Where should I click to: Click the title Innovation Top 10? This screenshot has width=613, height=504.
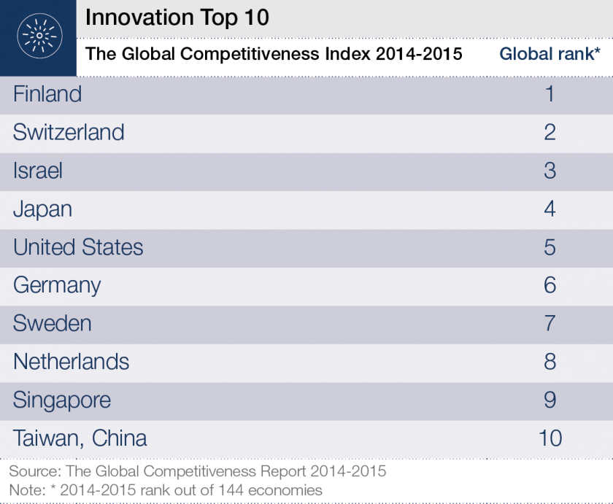coord(177,18)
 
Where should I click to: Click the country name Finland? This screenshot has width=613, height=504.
coord(47,94)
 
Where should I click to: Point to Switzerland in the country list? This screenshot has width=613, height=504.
coord(69,133)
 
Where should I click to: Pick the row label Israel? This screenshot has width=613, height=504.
coord(38,171)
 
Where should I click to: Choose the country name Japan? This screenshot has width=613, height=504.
coord(42,209)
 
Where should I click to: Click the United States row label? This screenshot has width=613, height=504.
coord(78,247)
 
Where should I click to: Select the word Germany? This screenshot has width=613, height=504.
coord(57,285)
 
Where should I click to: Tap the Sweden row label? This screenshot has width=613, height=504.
coord(53,323)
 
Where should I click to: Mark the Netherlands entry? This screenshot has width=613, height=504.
coord(72,362)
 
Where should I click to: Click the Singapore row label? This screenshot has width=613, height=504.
coord(62,400)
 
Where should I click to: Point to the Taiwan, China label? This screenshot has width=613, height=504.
coord(80,438)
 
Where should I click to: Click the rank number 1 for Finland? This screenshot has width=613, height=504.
coord(550,94)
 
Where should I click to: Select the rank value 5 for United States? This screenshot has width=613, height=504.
coord(550,247)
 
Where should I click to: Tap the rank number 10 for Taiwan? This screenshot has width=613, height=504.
coord(550,438)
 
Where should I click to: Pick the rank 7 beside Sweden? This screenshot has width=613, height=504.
coord(550,323)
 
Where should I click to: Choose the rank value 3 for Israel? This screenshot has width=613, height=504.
coord(550,171)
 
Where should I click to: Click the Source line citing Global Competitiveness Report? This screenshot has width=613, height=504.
coord(197,472)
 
